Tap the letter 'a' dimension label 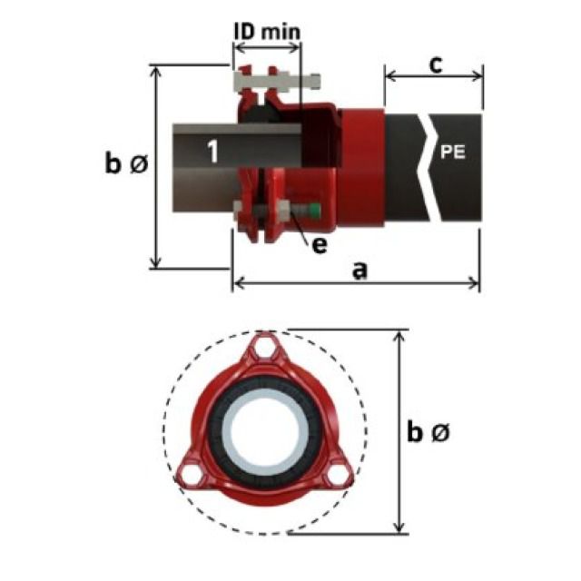tap(359, 270)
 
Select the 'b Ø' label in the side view tap(123, 164)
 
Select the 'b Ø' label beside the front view tap(427, 433)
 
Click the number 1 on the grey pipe tap(211, 150)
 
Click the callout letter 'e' tap(319, 244)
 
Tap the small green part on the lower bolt tap(313, 214)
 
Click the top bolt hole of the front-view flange tap(264, 348)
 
